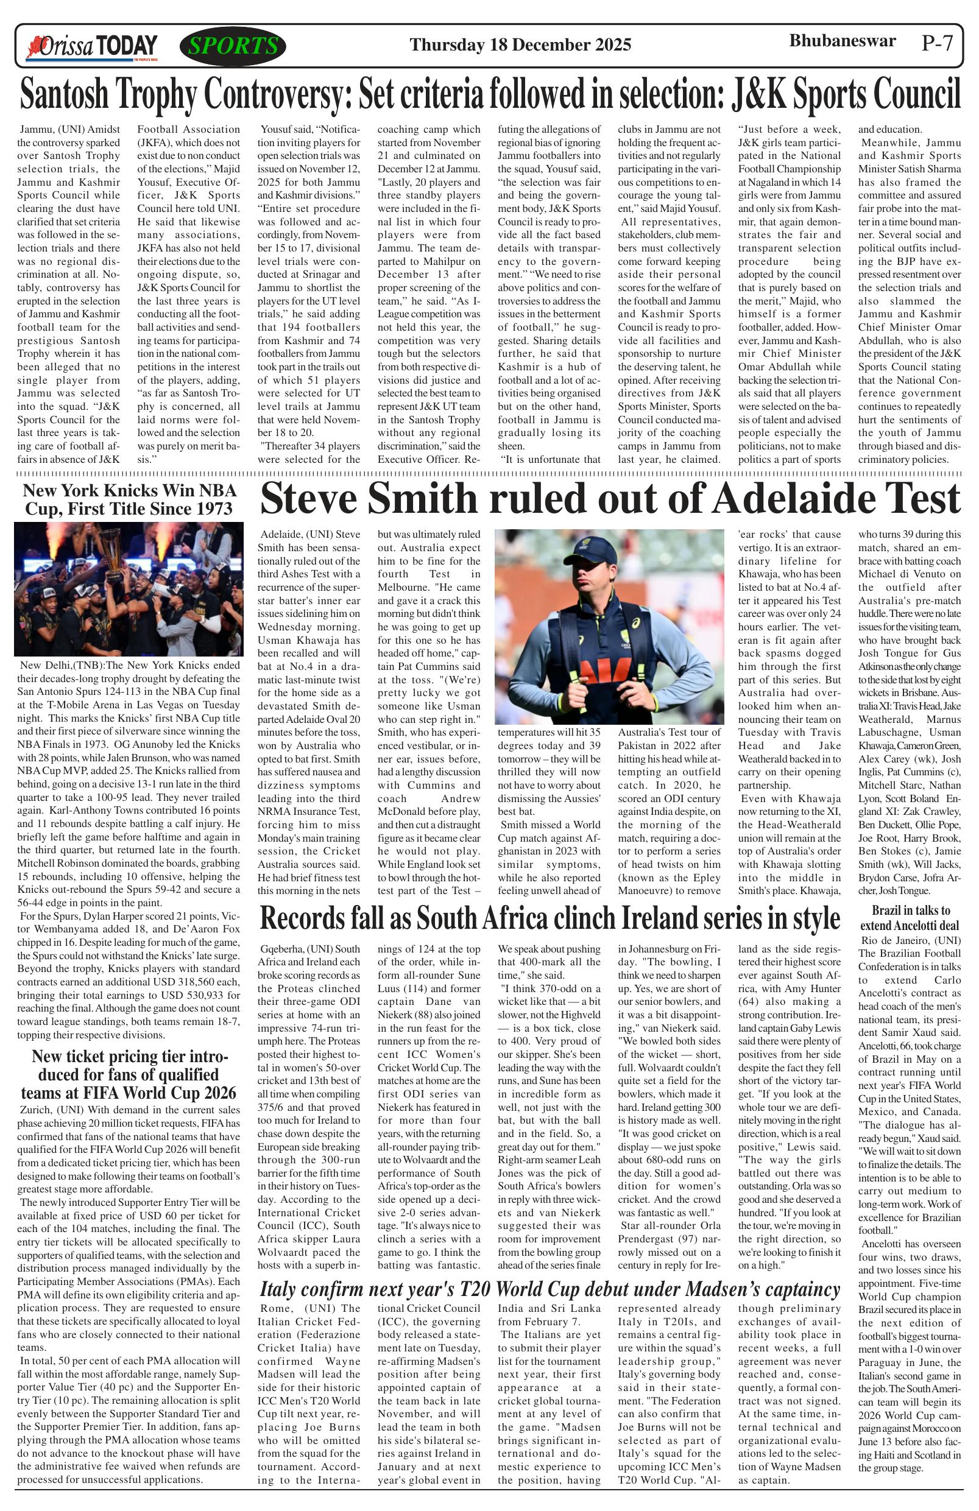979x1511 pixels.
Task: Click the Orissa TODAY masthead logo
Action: tap(91, 47)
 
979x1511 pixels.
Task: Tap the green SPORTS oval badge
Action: tap(233, 46)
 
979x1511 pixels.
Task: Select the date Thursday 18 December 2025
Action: tap(520, 45)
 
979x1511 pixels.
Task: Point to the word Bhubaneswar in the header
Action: tap(842, 41)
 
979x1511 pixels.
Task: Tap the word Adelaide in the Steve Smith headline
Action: tap(788, 499)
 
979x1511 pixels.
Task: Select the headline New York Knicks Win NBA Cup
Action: tap(130, 499)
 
